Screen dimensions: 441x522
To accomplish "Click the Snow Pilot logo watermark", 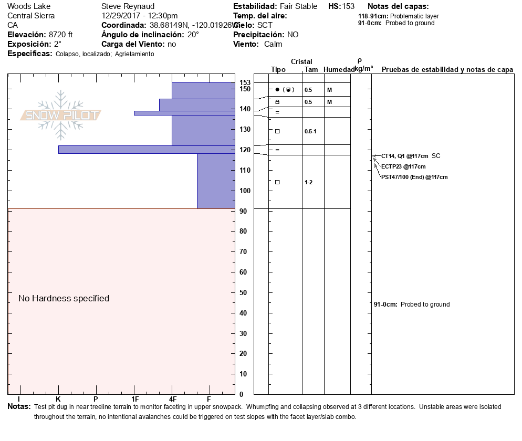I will point(61,115).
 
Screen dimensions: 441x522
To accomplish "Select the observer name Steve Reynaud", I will point(128,6).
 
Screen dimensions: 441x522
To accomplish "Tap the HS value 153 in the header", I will point(348,6).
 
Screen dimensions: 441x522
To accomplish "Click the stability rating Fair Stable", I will point(298,6).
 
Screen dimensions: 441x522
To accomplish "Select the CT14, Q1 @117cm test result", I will point(401,156).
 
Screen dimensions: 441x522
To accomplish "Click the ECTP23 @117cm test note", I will point(403,166).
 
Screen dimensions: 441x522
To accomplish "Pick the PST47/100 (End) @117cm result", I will point(414,177).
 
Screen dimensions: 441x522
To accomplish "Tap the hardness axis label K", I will point(58,400).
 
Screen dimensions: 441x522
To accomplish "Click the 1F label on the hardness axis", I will point(134,400).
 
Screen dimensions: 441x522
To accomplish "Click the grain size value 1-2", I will point(309,182).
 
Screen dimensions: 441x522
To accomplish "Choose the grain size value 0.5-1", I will point(310,131).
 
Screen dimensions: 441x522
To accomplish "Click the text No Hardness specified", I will point(64,299).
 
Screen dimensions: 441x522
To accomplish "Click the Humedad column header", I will point(339,70).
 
